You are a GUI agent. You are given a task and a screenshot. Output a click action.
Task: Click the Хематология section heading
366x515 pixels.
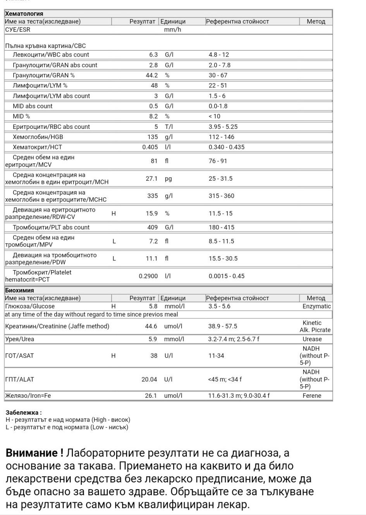[24, 14]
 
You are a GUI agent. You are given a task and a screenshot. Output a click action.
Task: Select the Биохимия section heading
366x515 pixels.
[19, 290]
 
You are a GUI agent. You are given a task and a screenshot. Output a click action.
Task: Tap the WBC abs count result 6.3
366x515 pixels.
[153, 55]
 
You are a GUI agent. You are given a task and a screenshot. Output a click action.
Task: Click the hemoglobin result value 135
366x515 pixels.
[153, 137]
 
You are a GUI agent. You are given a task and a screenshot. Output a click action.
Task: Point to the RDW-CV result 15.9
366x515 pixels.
[151, 213]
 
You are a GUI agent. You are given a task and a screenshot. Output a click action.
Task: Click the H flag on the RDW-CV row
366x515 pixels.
[113, 213]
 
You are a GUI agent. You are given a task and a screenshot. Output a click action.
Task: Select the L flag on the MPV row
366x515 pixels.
[114, 241]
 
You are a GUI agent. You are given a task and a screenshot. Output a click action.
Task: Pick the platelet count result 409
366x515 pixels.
[153, 227]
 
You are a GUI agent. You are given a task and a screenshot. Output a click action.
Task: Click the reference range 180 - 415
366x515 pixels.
[222, 227]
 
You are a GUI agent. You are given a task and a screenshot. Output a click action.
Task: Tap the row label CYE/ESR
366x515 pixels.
[18, 29]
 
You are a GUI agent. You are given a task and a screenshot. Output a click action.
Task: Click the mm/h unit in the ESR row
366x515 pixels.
[173, 29]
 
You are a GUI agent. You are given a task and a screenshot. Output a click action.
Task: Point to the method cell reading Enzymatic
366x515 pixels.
[316, 306]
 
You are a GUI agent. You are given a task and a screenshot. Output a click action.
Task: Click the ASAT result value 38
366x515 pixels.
[154, 356]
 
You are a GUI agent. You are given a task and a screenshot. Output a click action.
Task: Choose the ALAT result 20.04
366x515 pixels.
[149, 379]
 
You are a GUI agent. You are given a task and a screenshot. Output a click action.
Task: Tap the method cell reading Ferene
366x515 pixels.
[312, 395]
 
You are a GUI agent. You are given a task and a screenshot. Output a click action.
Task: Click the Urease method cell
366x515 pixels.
[312, 339]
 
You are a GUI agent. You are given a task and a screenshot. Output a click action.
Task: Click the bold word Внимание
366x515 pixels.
[34, 453]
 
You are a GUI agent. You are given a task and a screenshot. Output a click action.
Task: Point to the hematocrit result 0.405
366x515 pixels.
[150, 147]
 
